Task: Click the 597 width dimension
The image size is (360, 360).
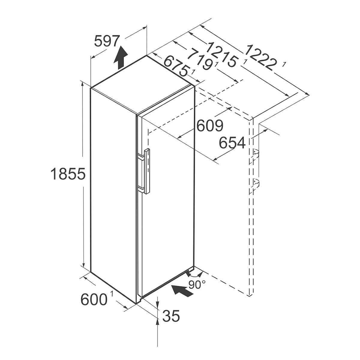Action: [107, 41]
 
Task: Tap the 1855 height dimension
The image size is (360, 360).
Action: [68, 174]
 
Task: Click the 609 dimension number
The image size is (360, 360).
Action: [210, 125]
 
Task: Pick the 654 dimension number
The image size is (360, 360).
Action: [232, 143]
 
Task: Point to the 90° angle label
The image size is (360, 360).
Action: [197, 284]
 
